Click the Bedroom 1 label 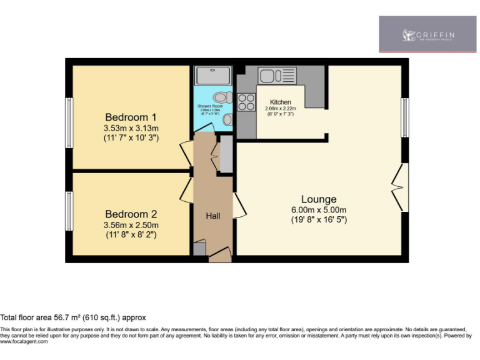point(131,117)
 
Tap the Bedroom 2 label point(131,214)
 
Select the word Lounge point(318,199)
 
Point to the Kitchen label point(280,102)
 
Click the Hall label point(213,216)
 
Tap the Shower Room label point(210,107)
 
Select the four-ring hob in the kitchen point(246,102)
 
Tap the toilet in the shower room point(219,97)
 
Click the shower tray point(213,76)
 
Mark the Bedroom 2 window point(69,211)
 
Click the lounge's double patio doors point(398,186)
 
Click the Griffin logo point(429,35)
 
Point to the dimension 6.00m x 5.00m point(318,210)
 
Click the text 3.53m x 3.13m point(131,128)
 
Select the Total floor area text point(73,317)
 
